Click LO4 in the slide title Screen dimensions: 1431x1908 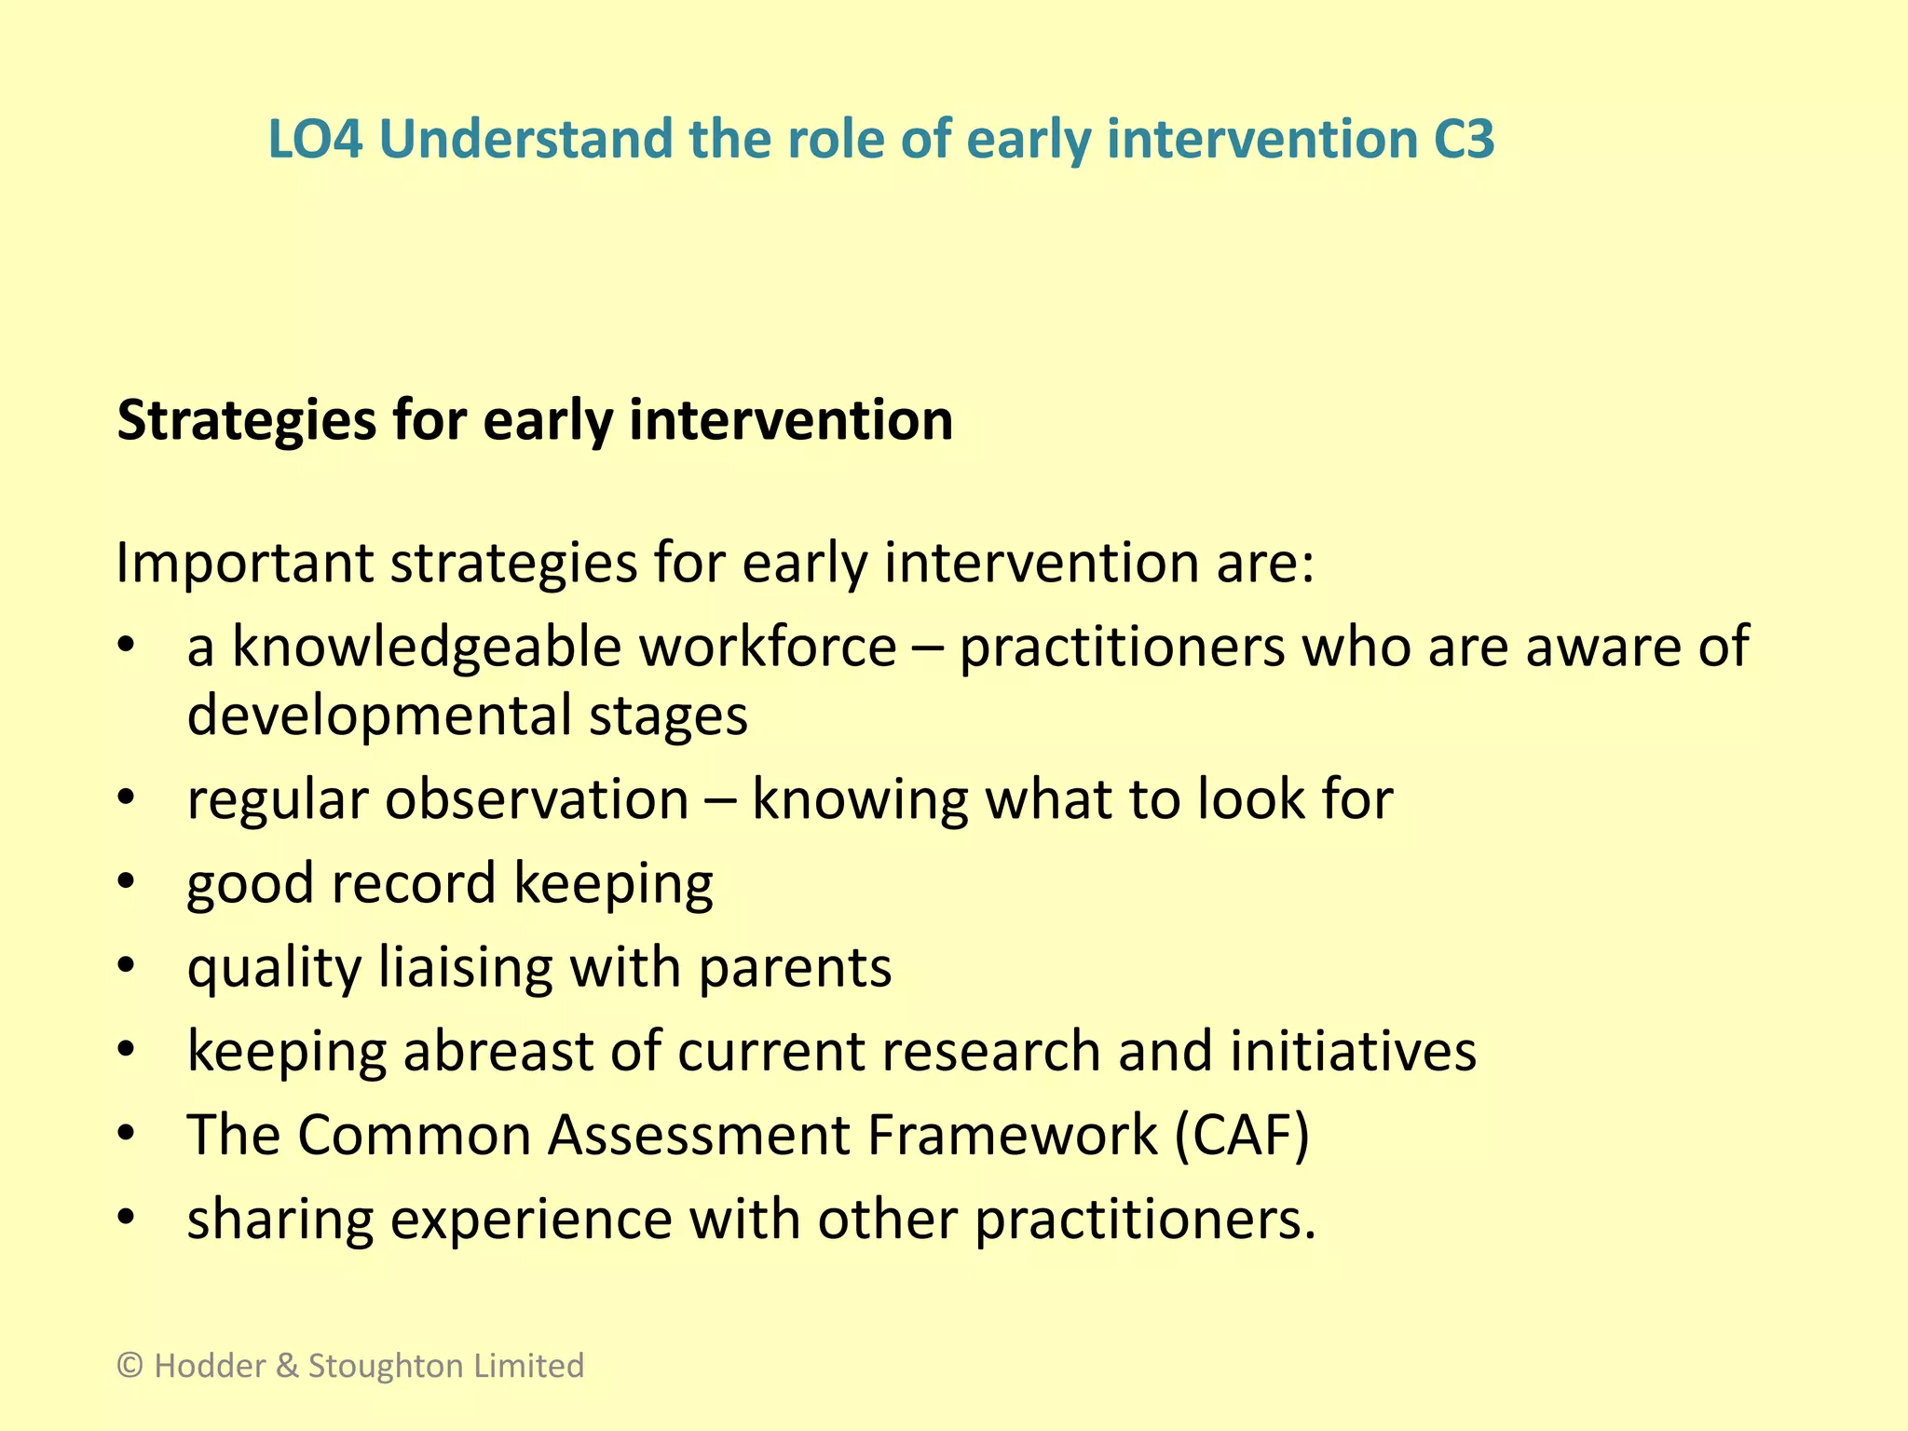[315, 140]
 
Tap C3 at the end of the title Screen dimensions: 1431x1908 [1462, 140]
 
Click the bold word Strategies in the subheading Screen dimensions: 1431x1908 [247, 421]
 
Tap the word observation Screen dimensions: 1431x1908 [537, 799]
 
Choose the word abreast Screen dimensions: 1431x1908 [497, 1051]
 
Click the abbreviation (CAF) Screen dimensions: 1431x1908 [1242, 1135]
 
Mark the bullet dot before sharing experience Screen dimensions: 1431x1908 [128, 1218]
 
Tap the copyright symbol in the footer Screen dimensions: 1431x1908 [129, 1366]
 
